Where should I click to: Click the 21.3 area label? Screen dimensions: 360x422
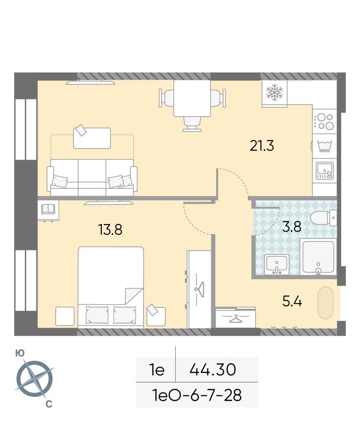point(262,146)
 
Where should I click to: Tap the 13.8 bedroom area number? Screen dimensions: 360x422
point(110,230)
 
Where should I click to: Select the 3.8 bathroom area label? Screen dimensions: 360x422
point(292,226)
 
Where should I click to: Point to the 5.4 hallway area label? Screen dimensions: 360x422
point(292,301)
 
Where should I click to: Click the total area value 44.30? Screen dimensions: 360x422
point(213,369)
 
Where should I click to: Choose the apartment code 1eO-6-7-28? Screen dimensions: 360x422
point(197,395)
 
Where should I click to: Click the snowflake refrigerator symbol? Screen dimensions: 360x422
point(274,92)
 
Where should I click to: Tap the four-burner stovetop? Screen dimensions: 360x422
point(324,121)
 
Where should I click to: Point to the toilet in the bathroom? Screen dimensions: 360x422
point(324,218)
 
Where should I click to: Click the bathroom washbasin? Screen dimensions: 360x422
point(277,264)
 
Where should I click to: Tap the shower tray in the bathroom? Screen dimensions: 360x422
point(318,257)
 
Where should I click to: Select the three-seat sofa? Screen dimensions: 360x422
point(92,177)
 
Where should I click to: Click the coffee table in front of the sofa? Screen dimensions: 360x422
point(92,138)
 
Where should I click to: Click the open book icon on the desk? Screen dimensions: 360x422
point(48,209)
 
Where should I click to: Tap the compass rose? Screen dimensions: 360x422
point(35,379)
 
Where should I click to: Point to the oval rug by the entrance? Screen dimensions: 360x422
point(326,303)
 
